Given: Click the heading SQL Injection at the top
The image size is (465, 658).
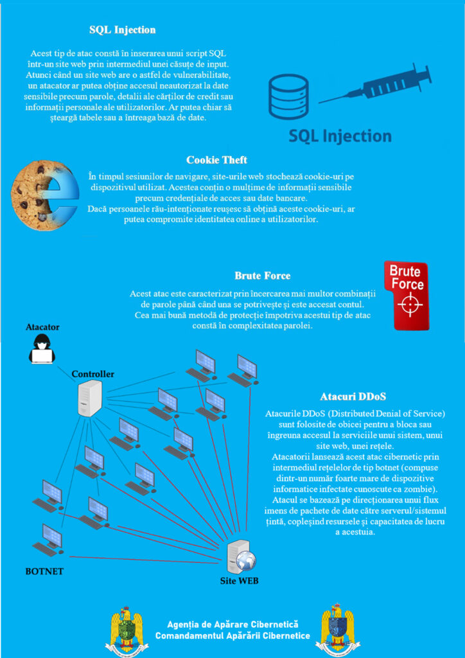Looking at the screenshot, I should [x=122, y=30].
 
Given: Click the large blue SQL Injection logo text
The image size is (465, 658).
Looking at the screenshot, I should [x=340, y=136].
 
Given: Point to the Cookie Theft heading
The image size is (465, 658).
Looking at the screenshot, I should [x=217, y=160].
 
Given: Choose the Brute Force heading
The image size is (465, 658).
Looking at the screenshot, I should [x=262, y=276].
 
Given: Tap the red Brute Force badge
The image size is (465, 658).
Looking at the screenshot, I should [x=406, y=295].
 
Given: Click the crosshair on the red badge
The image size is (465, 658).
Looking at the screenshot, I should [x=407, y=305].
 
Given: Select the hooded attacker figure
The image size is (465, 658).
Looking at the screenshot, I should [x=42, y=348].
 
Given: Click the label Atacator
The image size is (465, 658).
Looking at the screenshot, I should [x=42, y=327].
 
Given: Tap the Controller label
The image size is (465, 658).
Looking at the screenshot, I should [x=93, y=374].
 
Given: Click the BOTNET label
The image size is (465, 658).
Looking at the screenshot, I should [x=44, y=571].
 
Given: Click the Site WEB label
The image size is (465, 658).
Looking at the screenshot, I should [x=240, y=582].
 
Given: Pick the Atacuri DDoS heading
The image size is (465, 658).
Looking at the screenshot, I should [x=353, y=396].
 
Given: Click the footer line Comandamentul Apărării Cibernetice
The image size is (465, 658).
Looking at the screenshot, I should [x=232, y=636].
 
